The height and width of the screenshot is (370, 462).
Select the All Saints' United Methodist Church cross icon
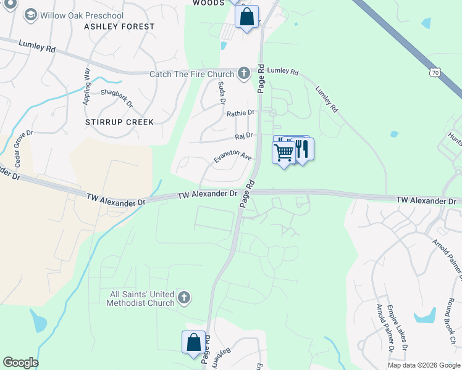(183, 298)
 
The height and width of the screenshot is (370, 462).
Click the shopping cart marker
(283, 152)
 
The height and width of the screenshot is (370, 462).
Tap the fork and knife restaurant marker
(303, 149)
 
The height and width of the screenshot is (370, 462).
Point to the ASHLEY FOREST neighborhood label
(119, 27)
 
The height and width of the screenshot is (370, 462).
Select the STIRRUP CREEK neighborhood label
(119, 122)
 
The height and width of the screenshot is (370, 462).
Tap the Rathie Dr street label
(240, 113)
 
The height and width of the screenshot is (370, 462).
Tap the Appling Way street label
(87, 86)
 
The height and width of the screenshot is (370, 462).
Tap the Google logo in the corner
(20, 363)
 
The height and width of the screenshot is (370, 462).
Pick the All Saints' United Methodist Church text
(140, 298)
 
